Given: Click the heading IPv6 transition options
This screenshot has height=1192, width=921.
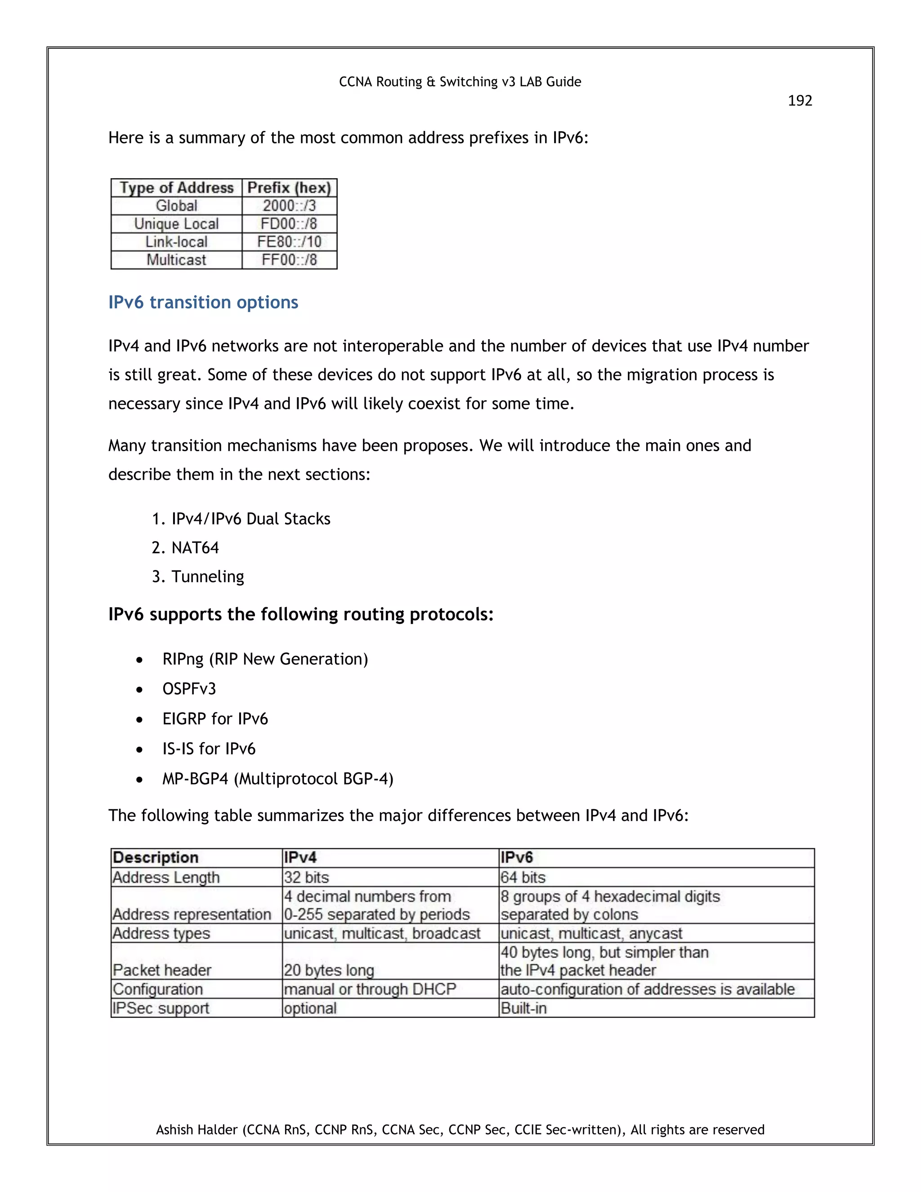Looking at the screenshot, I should click(x=203, y=302).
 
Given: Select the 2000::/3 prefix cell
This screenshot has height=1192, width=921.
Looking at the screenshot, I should click(x=289, y=206).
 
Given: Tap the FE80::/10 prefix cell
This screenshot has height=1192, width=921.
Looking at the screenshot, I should click(x=289, y=242).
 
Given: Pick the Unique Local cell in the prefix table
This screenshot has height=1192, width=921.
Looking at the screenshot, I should click(x=176, y=224).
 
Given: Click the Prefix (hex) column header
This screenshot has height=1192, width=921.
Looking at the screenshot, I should click(x=289, y=188).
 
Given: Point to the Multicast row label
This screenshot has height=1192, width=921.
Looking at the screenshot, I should click(x=176, y=260).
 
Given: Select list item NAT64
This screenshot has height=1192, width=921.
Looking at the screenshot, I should click(x=195, y=547).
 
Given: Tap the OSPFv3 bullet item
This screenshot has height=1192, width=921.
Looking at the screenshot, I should click(x=189, y=689).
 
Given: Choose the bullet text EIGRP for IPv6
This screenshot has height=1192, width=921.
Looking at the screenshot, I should click(x=215, y=719).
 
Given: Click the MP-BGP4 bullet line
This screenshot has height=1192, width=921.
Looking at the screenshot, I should click(x=277, y=778).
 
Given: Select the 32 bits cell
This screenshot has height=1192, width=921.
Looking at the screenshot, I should click(x=307, y=877).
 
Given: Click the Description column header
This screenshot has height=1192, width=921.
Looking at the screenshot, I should click(x=156, y=857).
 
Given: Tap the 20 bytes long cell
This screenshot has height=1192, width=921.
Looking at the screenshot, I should click(x=328, y=970).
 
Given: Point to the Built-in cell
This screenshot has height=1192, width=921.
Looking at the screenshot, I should click(x=523, y=1008).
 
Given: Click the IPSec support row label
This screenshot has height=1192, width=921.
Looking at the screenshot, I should click(x=161, y=1008).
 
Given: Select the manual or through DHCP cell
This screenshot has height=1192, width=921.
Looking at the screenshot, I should click(x=369, y=989).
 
